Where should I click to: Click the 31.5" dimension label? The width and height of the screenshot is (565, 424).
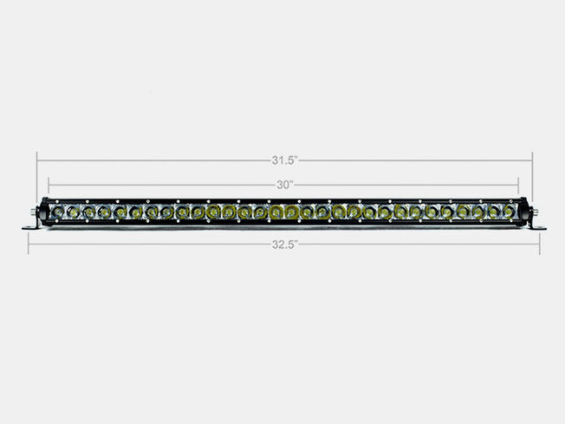pyautogui.click(x=283, y=160)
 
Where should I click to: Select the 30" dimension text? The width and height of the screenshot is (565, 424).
pyautogui.click(x=283, y=184)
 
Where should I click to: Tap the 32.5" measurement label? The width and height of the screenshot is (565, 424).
pyautogui.click(x=283, y=245)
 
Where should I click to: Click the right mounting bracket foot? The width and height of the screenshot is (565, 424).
pyautogui.click(x=537, y=227)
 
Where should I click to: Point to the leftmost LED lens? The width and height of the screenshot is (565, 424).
pyautogui.click(x=56, y=212)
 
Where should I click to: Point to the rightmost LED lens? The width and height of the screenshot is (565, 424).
pyautogui.click(x=510, y=212)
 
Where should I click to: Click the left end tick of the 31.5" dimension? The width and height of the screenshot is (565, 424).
pyautogui.click(x=36, y=160)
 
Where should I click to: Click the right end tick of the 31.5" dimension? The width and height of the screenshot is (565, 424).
pyautogui.click(x=532, y=160)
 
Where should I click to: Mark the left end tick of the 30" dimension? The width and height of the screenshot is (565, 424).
pyautogui.click(x=49, y=184)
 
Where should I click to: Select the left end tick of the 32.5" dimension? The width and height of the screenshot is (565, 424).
pyautogui.click(x=28, y=245)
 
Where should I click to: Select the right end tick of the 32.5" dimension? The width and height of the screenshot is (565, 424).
pyautogui.click(x=540, y=245)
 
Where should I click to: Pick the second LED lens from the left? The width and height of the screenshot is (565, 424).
pyautogui.click(x=72, y=212)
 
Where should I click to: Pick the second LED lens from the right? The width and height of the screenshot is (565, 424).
pyautogui.click(x=494, y=212)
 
